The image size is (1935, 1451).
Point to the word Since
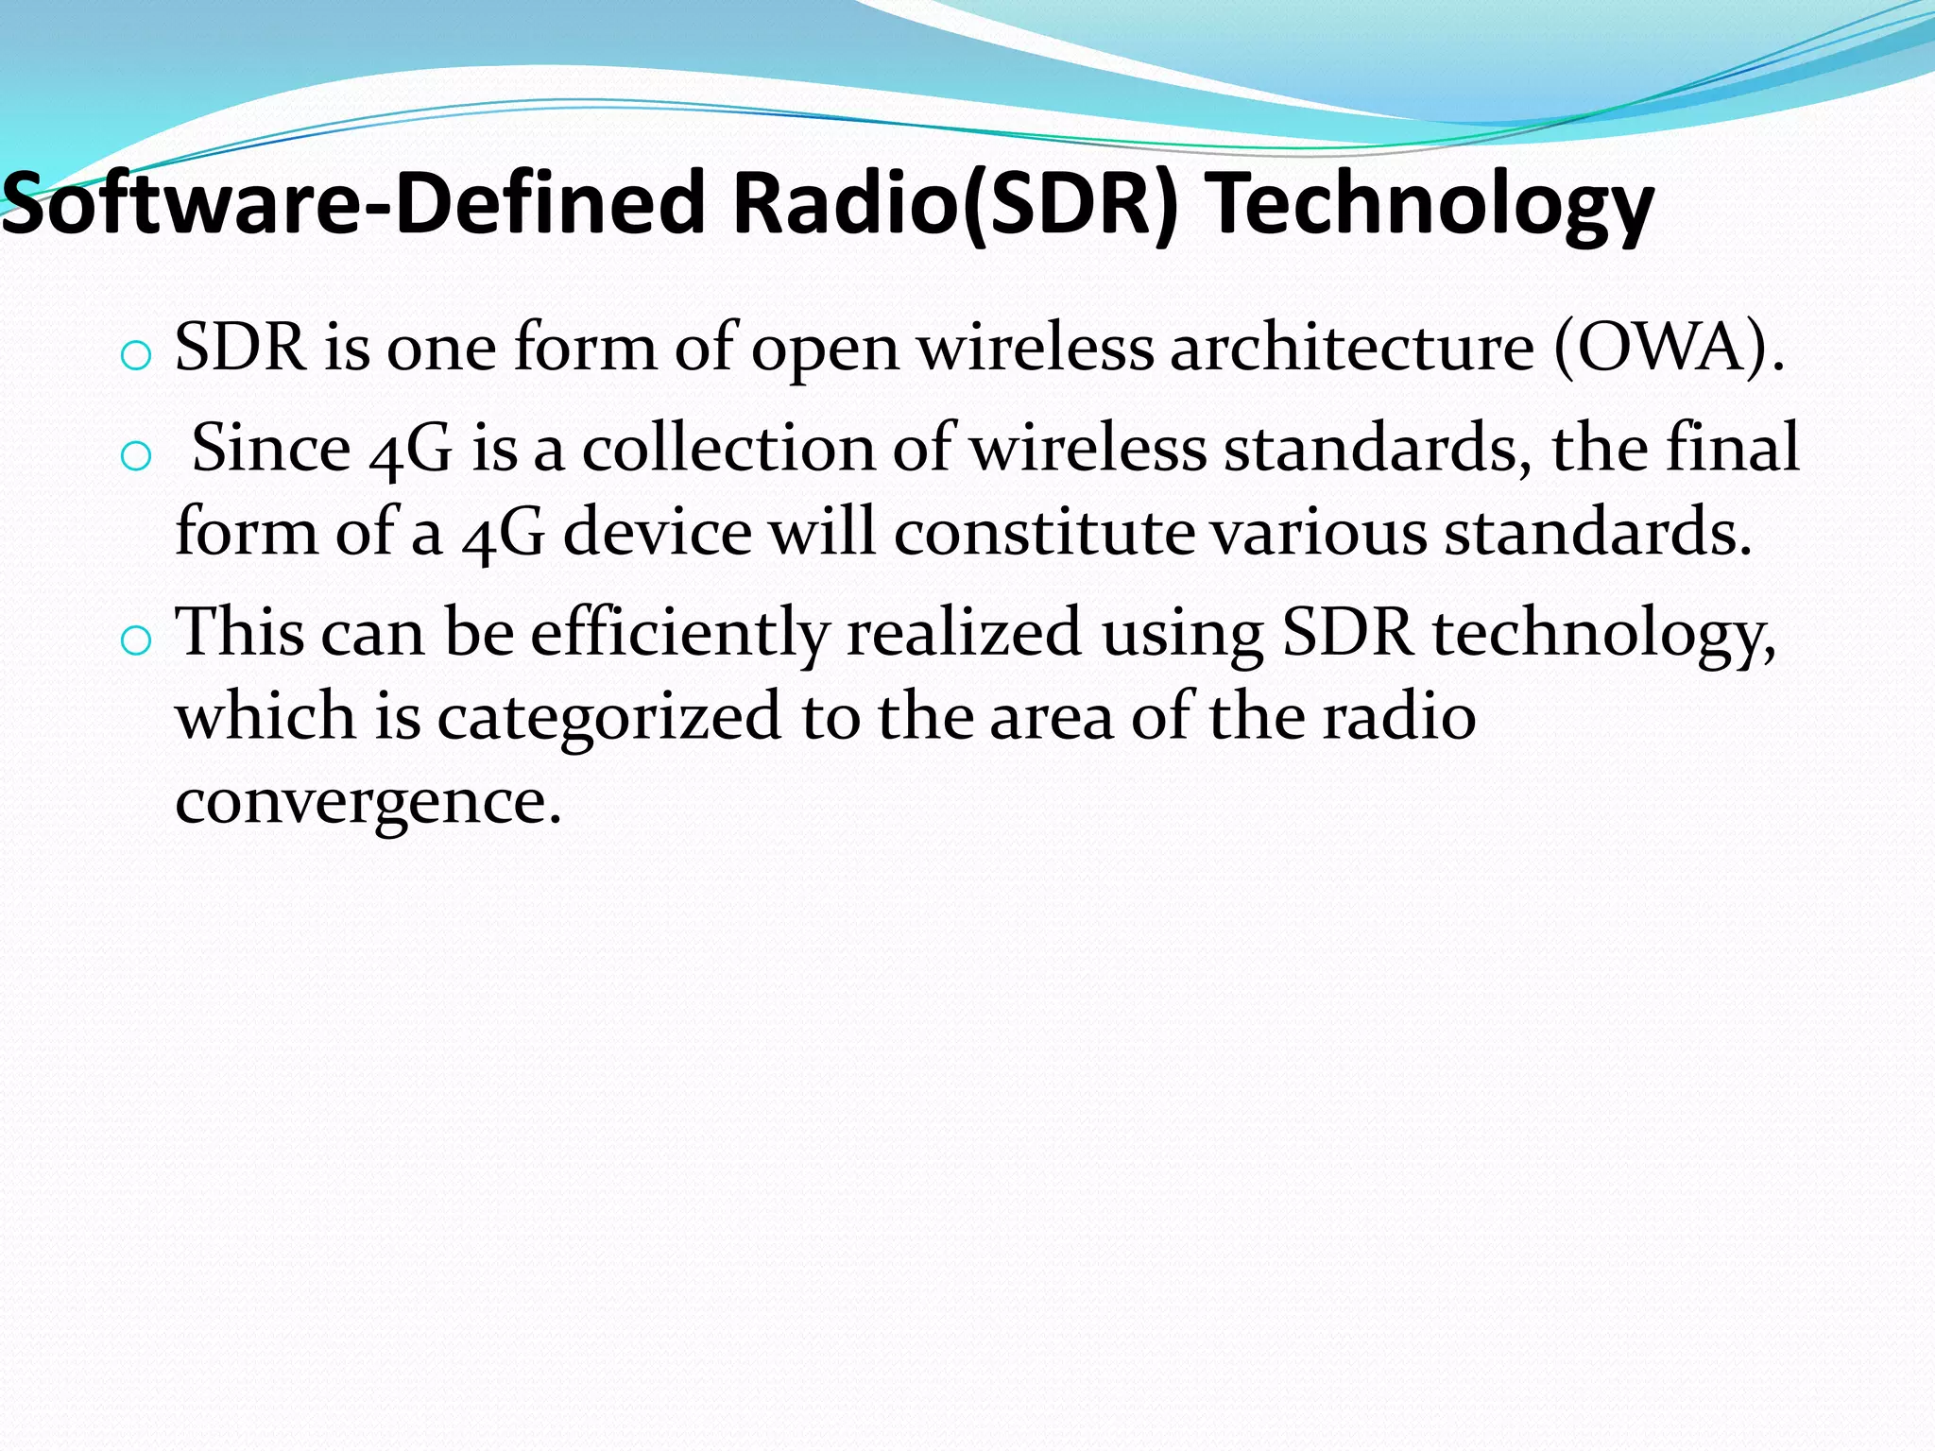tap(271, 448)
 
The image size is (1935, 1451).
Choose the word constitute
tap(1043, 532)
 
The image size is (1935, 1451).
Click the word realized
tap(964, 631)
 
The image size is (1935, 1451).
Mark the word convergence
tap(368, 802)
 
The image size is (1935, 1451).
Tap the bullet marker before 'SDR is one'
tap(136, 357)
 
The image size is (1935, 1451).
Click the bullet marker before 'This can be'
tap(136, 641)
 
